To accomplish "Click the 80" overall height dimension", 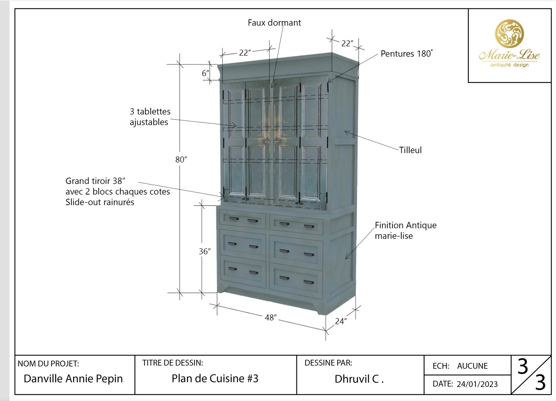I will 181,160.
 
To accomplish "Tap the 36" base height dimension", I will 204,251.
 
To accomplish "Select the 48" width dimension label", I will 271,318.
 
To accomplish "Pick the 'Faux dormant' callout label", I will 274,23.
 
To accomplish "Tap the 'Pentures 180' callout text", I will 406,54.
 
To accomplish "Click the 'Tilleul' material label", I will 410,150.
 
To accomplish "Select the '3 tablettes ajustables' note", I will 150,117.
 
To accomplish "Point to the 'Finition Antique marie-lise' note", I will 405,230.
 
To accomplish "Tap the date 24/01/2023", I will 477,384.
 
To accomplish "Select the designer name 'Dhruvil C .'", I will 359,379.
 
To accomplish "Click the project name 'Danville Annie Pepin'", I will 73,379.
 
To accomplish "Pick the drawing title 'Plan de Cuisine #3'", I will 215,378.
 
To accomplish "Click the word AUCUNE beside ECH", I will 472,366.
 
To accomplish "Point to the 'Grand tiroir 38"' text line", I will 95,181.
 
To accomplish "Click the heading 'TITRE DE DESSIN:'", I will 173,362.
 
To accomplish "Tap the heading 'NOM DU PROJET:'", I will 48,363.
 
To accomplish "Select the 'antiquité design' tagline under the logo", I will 509,65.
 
